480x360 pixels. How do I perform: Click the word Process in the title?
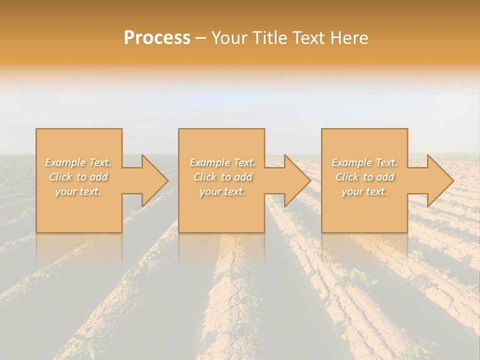coord(157,38)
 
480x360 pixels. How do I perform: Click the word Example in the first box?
coord(65,162)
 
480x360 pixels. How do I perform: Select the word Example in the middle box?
coord(209,162)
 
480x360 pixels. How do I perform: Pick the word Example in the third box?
coord(351,162)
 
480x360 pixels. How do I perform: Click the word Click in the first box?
coord(60,177)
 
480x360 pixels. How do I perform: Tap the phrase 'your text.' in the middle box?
coord(222,191)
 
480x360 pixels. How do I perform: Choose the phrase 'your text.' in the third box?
coord(364,191)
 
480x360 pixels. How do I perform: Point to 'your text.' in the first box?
coord(78,191)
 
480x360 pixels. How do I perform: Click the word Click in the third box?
coord(347,177)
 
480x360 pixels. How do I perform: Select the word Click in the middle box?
coord(205,177)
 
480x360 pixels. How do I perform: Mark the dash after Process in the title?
coord(200,38)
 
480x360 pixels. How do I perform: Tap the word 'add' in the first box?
coord(99,177)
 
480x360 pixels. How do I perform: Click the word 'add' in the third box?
coord(386,177)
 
